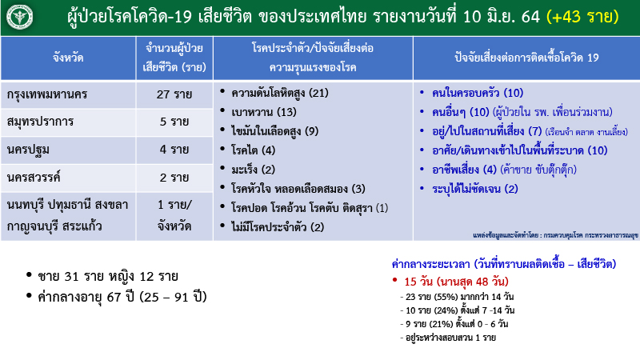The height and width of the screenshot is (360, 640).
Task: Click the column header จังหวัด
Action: click(x=67, y=58)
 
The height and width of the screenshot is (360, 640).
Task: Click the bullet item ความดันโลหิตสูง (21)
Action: click(x=279, y=92)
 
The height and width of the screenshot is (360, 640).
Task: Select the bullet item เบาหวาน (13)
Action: click(x=263, y=111)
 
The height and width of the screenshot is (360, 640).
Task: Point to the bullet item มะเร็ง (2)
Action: click(x=253, y=169)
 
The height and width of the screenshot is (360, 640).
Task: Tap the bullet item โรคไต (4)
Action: click(x=253, y=150)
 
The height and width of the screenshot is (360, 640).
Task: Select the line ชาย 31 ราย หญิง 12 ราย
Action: click(x=107, y=277)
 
